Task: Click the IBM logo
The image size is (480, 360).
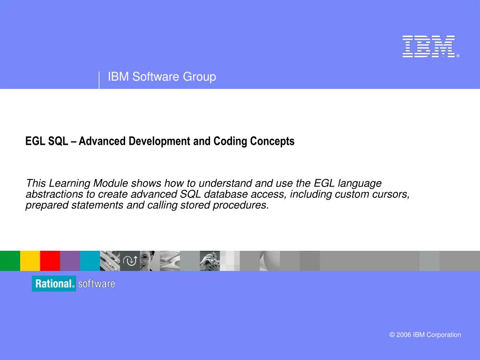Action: pos(428,47)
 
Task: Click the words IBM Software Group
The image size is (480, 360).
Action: pos(162,77)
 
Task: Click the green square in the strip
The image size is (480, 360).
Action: pos(10,261)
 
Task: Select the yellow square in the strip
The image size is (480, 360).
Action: pos(30,261)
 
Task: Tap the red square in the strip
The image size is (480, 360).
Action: pos(50,261)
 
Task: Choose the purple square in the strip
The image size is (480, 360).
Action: pos(70,261)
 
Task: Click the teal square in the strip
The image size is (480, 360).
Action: pos(90,261)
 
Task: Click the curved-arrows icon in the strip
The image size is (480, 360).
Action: pos(130,261)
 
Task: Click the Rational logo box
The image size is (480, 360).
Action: pos(54,284)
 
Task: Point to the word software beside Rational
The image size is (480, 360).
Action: pos(97,284)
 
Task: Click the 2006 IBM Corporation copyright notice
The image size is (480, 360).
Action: pos(425,335)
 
